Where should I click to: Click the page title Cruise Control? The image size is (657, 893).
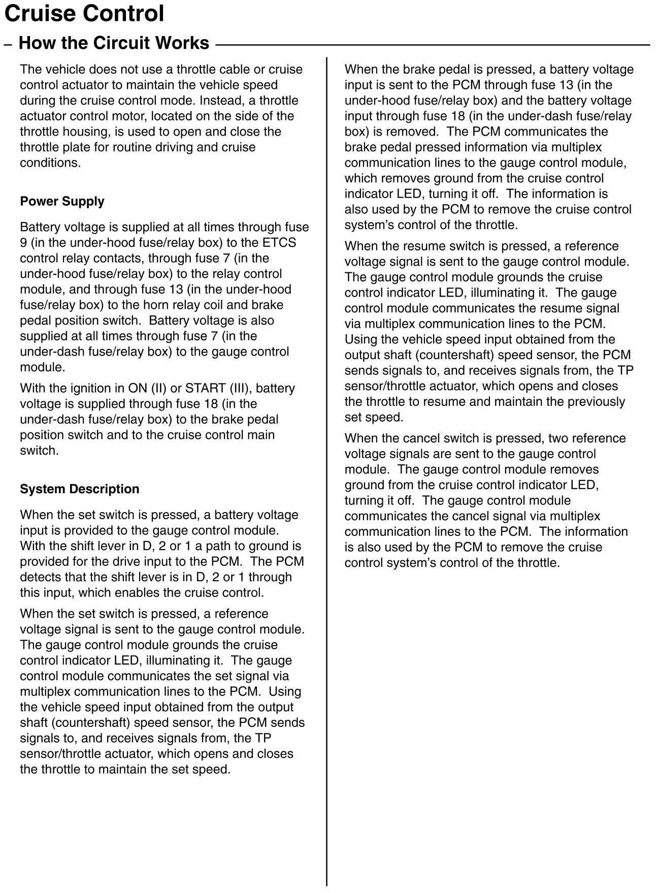tap(84, 14)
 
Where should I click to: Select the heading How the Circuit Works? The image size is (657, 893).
tap(114, 43)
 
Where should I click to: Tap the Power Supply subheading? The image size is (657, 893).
tap(62, 201)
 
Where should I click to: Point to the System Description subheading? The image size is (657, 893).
tap(79, 489)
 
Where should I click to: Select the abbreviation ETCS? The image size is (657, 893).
tap(279, 242)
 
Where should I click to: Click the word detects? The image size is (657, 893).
tap(42, 577)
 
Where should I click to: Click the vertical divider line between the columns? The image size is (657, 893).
tap(326, 457)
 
